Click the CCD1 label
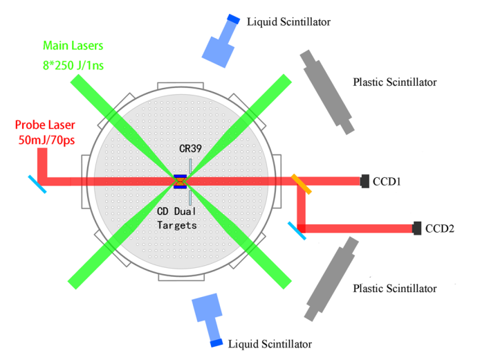387,181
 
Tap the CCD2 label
439,228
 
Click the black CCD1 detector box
364,181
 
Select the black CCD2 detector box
416,227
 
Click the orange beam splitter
300,183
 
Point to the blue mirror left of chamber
37,183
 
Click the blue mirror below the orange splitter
297,230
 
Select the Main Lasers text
74,46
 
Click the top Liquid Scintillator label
288,22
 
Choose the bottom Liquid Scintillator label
270,343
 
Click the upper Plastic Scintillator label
394,82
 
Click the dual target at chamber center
180,181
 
